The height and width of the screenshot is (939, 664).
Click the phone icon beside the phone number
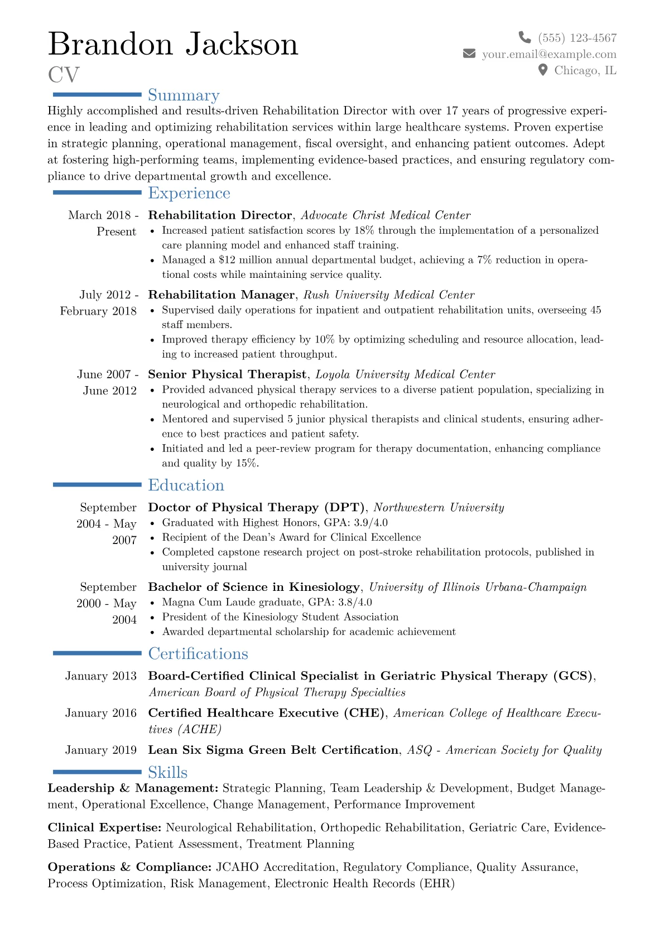tap(525, 37)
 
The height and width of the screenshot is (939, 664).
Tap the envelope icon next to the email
tap(469, 54)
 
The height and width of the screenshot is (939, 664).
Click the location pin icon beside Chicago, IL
tap(543, 70)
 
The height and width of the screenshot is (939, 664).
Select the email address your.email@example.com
tap(549, 54)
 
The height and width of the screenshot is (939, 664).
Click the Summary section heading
tap(184, 95)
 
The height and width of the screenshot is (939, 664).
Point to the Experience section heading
tap(189, 193)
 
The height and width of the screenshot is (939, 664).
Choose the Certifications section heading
tap(198, 653)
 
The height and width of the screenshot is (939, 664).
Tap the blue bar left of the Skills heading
tap(97, 772)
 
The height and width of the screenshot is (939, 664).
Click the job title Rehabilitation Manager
tap(221, 295)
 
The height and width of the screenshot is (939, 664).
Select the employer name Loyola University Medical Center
tap(405, 374)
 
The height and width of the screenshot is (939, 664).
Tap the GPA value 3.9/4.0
tap(371, 523)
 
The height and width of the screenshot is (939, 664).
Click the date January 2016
tap(100, 713)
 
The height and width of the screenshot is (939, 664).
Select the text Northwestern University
tap(439, 508)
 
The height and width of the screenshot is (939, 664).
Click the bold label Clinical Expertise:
tap(104, 827)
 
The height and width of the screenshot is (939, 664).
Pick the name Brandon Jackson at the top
tap(173, 44)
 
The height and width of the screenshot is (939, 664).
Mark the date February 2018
tap(98, 311)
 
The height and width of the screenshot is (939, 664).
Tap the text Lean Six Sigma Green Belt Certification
tap(273, 750)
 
